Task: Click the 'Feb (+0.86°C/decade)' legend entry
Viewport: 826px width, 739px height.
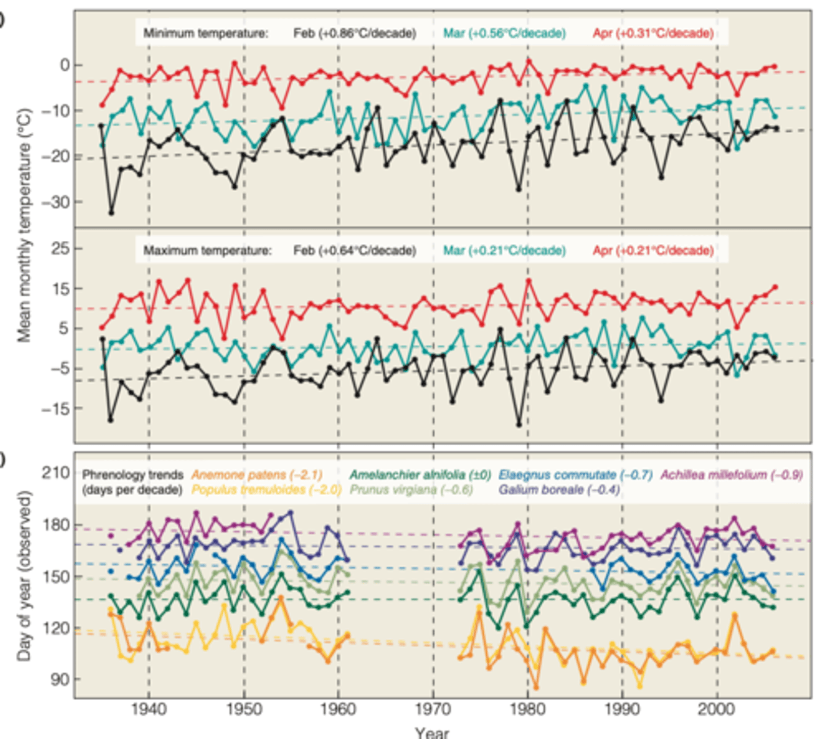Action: [x=354, y=33]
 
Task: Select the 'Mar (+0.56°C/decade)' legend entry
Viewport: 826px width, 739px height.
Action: [x=504, y=33]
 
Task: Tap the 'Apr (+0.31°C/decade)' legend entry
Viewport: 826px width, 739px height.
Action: [x=653, y=33]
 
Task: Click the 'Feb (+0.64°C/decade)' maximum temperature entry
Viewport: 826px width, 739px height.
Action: [x=354, y=251]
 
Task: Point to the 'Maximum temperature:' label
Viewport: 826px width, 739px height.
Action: [x=207, y=251]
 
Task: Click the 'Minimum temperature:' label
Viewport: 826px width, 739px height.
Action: [x=206, y=33]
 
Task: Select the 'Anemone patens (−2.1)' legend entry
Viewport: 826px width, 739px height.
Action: [x=256, y=475]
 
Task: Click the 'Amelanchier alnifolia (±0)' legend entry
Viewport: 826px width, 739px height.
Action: [x=420, y=475]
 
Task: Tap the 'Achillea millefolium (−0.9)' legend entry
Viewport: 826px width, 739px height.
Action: [x=731, y=475]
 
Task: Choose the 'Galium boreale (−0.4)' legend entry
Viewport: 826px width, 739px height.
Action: [x=559, y=490]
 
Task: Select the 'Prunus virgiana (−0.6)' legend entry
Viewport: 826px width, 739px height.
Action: [x=411, y=490]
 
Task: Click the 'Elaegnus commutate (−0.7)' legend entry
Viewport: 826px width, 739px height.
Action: [x=575, y=475]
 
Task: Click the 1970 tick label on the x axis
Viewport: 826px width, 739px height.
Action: [x=433, y=709]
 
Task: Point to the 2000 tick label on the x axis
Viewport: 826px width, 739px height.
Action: [x=717, y=709]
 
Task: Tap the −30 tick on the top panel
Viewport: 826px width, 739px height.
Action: [x=54, y=202]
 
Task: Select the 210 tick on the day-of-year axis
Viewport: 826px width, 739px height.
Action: [x=55, y=473]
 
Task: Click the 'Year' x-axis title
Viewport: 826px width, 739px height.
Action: [x=431, y=732]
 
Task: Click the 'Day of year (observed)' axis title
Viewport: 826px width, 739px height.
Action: [x=24, y=576]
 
